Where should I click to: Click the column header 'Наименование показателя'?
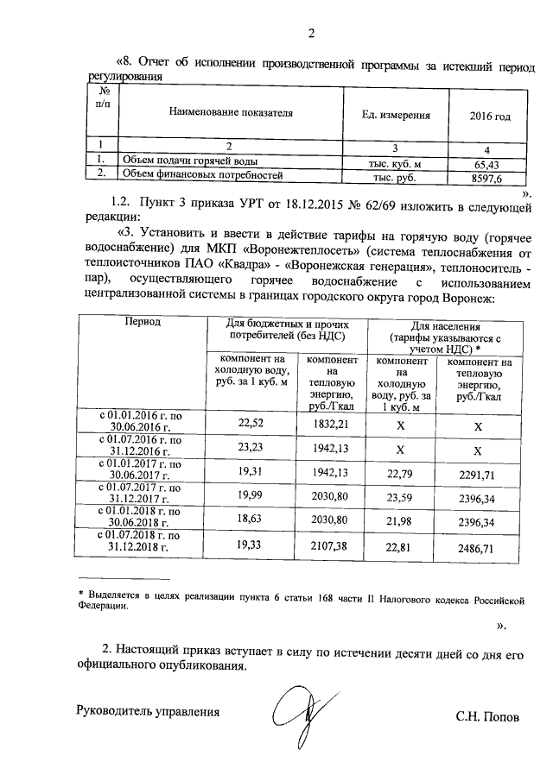tap(231, 114)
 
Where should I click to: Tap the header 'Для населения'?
tap(444, 325)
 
